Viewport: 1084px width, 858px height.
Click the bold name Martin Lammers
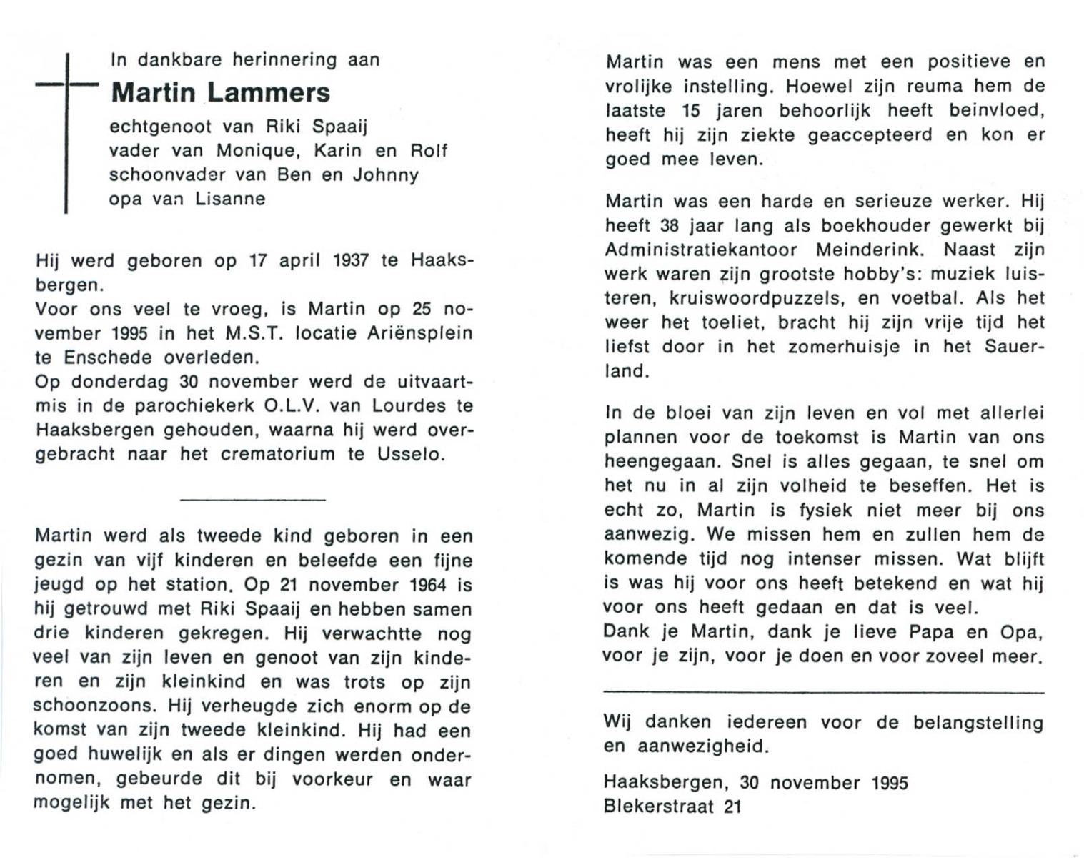pyautogui.click(x=221, y=93)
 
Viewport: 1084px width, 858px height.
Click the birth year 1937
pyautogui.click(x=351, y=261)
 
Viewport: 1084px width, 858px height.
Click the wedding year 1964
pyautogui.click(x=429, y=586)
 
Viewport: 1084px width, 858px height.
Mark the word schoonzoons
pyautogui.click(x=94, y=706)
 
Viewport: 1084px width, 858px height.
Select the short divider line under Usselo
pyautogui.click(x=253, y=499)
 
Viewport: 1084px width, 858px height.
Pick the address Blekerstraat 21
pyautogui.click(x=672, y=807)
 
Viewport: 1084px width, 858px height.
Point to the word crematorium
pyautogui.click(x=277, y=455)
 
